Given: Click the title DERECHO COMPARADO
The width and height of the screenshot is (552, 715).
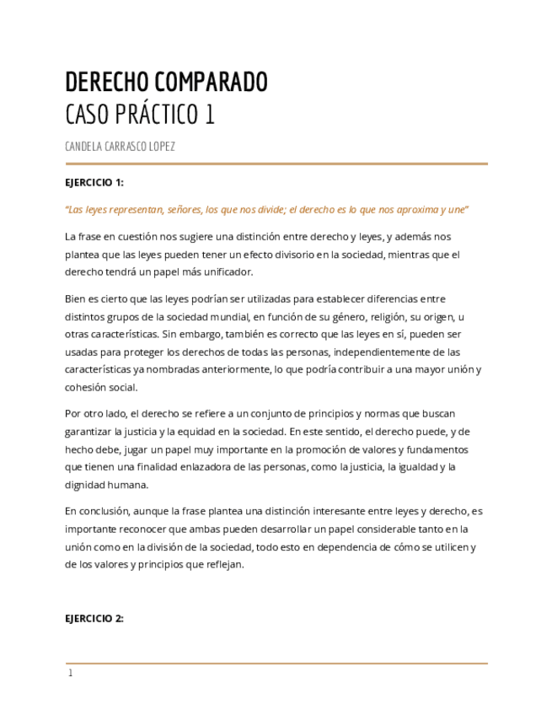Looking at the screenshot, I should point(166,82).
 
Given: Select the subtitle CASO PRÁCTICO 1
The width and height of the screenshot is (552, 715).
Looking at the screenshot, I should point(139,114).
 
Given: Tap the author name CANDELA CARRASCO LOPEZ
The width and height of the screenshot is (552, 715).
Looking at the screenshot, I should point(120,147).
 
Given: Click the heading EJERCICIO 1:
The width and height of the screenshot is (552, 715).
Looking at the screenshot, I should point(94,182).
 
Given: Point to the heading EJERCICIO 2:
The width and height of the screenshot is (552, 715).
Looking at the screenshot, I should point(94,618).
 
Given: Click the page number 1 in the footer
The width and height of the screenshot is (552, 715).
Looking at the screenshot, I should point(71,674).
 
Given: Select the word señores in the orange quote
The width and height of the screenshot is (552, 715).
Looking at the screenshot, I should point(180,210).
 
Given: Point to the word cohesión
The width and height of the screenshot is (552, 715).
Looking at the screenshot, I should point(83,387).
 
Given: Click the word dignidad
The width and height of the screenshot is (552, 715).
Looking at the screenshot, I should point(84,485).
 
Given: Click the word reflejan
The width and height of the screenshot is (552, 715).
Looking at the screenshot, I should point(224,564).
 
